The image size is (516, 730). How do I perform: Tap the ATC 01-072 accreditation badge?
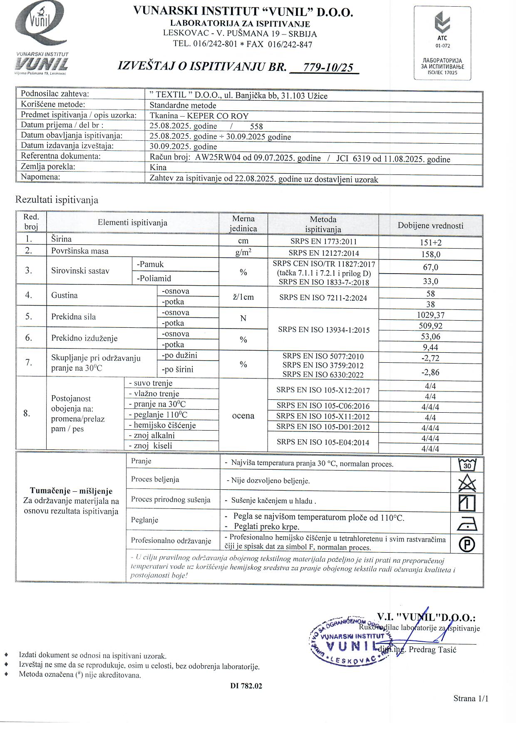(442, 42)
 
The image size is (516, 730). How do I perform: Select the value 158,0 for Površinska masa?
(430, 254)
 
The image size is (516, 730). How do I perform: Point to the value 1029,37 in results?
(430, 315)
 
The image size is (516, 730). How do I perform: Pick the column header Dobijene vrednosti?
(430, 226)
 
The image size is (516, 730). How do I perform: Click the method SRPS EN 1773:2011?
(323, 242)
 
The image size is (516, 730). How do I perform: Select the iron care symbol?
(467, 523)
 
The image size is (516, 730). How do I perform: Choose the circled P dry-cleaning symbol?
(467, 544)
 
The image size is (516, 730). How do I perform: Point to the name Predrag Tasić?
(432, 650)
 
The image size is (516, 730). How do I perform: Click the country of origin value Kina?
(158, 167)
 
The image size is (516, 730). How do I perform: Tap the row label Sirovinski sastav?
(80, 271)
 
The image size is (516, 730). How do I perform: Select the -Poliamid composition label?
(154, 278)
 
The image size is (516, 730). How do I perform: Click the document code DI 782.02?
(246, 686)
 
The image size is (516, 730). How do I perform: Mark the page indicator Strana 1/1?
(471, 698)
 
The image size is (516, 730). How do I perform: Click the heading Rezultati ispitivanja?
(57, 200)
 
